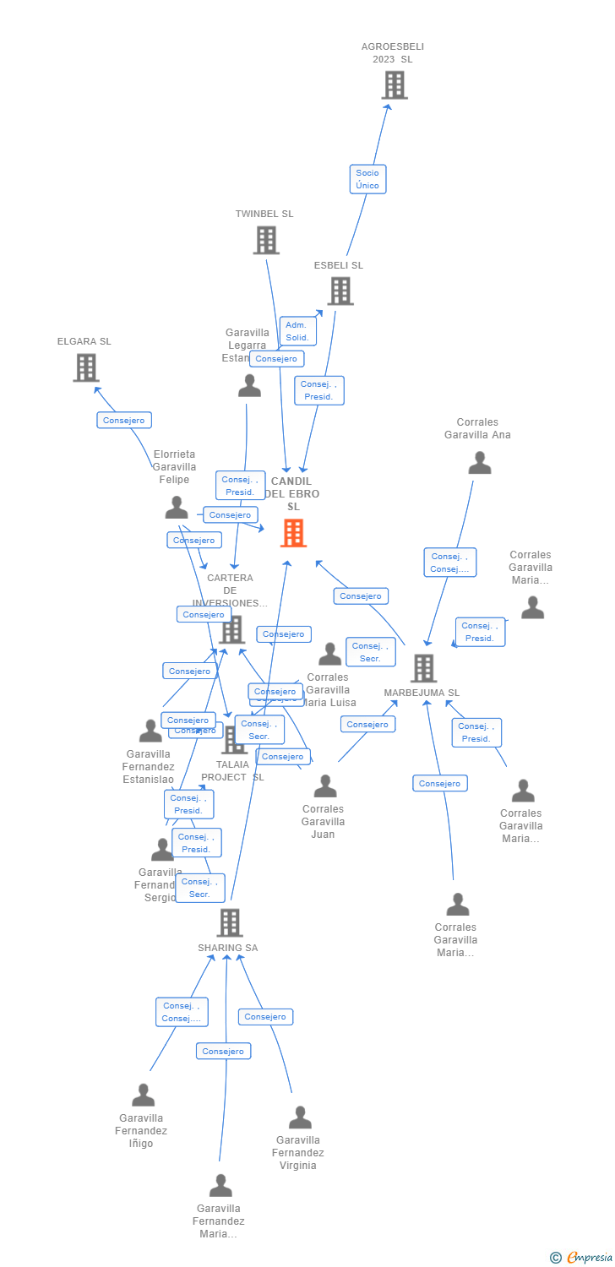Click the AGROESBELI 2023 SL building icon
(394, 85)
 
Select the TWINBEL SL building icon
(266, 241)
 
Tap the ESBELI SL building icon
(340, 291)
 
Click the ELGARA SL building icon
(85, 368)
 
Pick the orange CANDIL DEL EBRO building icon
(293, 533)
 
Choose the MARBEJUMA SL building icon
(423, 668)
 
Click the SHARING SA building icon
(229, 923)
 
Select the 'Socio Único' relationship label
(367, 179)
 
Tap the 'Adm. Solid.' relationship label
(297, 331)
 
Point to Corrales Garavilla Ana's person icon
(480, 463)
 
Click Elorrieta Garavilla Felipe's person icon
(177, 508)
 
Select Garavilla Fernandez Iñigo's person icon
(144, 1096)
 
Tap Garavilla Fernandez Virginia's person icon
(300, 1117)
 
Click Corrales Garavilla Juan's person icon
(325, 786)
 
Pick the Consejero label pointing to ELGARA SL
(124, 420)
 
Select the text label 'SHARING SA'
(228, 948)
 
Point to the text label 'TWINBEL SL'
(264, 214)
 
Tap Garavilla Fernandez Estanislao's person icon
(150, 731)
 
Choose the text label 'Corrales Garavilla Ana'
(477, 428)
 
